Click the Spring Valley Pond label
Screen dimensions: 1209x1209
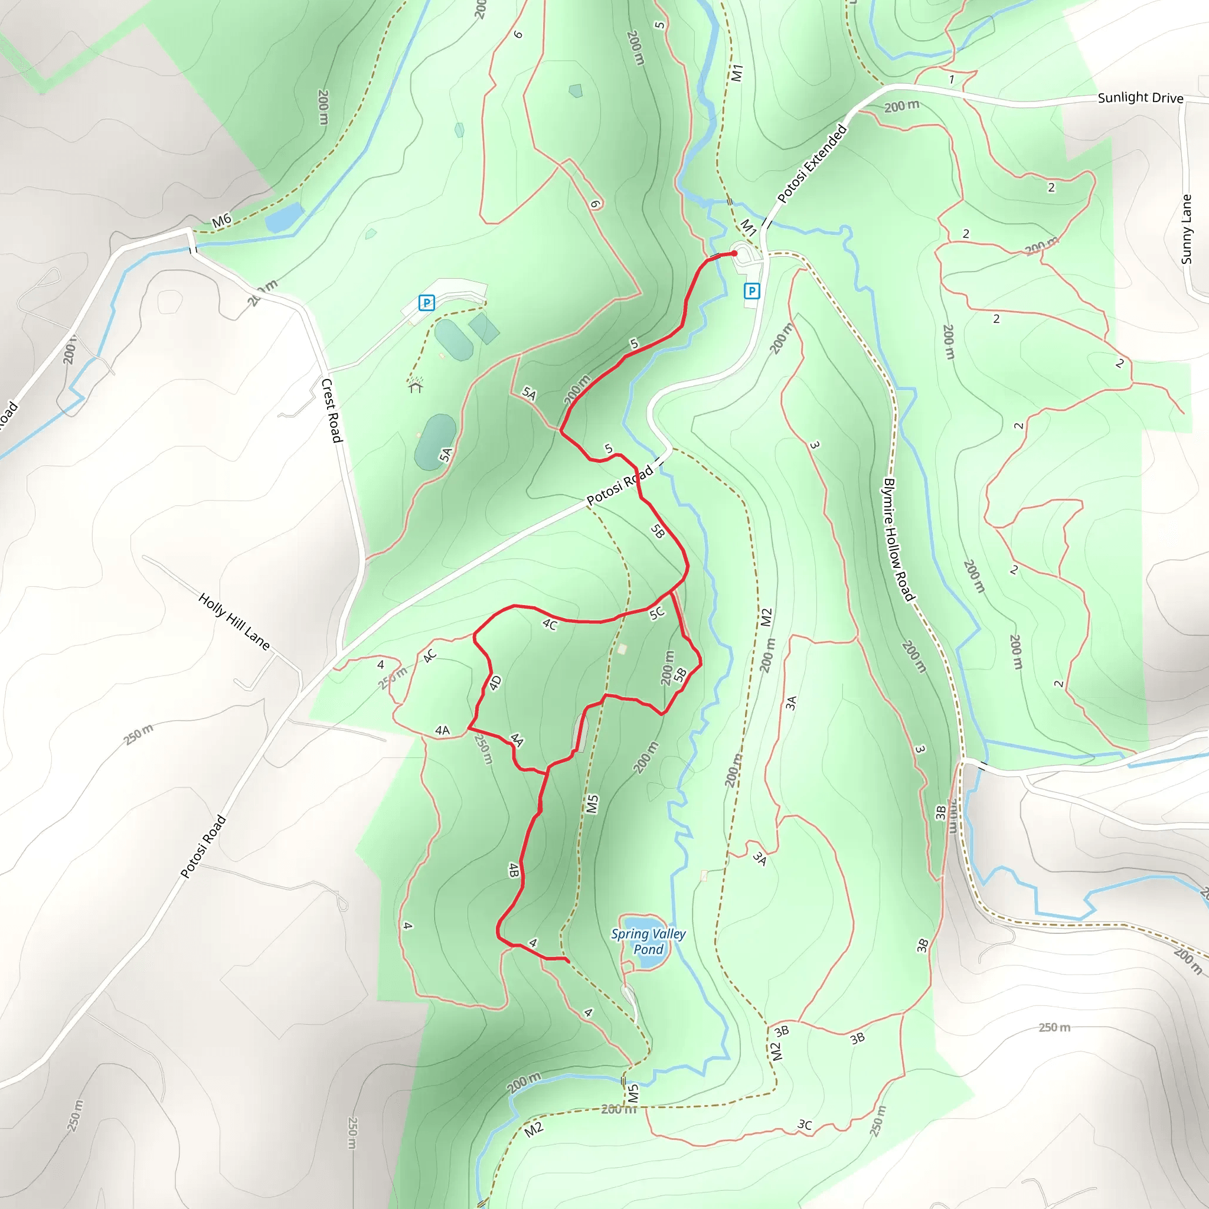click(648, 941)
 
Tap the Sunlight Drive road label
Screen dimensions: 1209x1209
click(1140, 97)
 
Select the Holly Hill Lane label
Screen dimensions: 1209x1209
click(234, 622)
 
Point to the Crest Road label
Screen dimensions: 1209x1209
click(332, 410)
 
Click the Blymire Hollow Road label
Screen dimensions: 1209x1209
click(898, 540)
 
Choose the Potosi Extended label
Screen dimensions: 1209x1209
click(812, 164)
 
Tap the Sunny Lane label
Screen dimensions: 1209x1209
click(1186, 229)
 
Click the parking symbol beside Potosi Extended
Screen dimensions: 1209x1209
click(751, 290)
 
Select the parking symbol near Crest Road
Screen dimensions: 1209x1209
click(426, 303)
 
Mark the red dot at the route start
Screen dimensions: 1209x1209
click(734, 253)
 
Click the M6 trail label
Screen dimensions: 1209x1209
click(221, 220)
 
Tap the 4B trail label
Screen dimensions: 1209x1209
click(514, 870)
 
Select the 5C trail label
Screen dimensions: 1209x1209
click(656, 613)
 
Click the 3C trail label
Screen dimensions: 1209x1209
click(805, 1125)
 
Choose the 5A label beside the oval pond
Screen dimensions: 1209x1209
click(446, 455)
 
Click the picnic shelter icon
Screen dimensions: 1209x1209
click(416, 386)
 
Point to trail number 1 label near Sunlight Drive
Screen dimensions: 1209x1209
click(951, 80)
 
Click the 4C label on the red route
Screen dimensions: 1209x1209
click(550, 624)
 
